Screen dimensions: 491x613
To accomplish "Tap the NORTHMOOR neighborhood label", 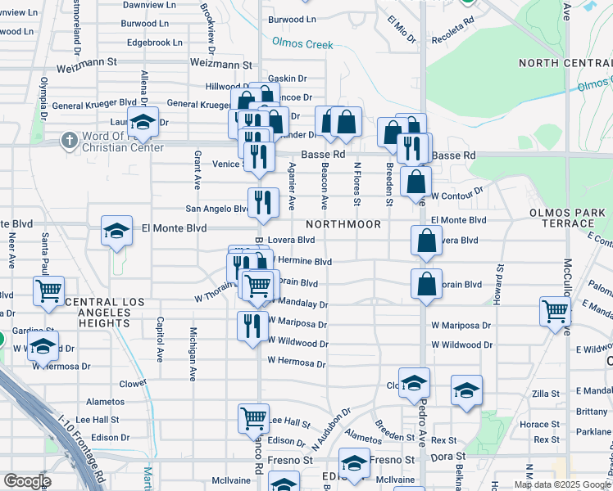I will coord(344,224).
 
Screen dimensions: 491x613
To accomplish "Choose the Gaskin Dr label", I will coord(287,79).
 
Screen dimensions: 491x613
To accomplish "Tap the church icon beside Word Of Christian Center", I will coord(68,141).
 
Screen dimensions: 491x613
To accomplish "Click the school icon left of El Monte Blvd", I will coord(116,230).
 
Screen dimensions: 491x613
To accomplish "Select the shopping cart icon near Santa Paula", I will coord(49,290).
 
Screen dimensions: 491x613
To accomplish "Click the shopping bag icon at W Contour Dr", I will coord(416,182).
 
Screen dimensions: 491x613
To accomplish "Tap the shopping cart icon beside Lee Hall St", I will coord(254,418).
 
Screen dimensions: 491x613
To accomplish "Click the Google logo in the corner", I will coord(27,481).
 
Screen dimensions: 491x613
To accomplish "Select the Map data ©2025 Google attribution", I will coord(561,484).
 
